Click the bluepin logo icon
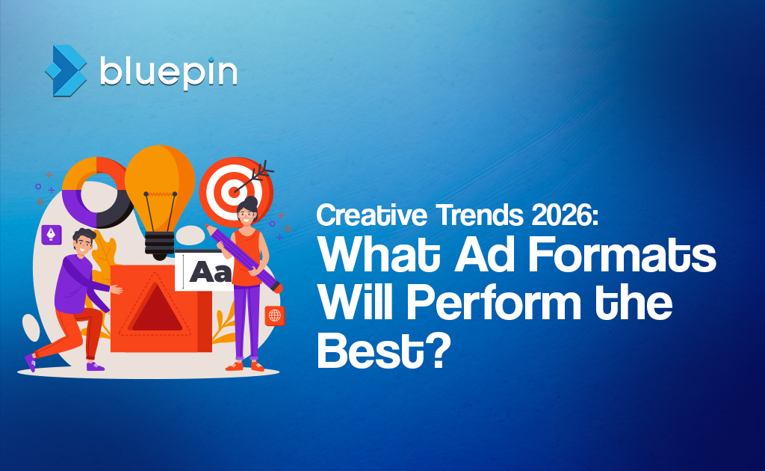point(66,68)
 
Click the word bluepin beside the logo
point(168,71)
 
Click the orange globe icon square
point(275,315)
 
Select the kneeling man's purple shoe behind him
point(30,362)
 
